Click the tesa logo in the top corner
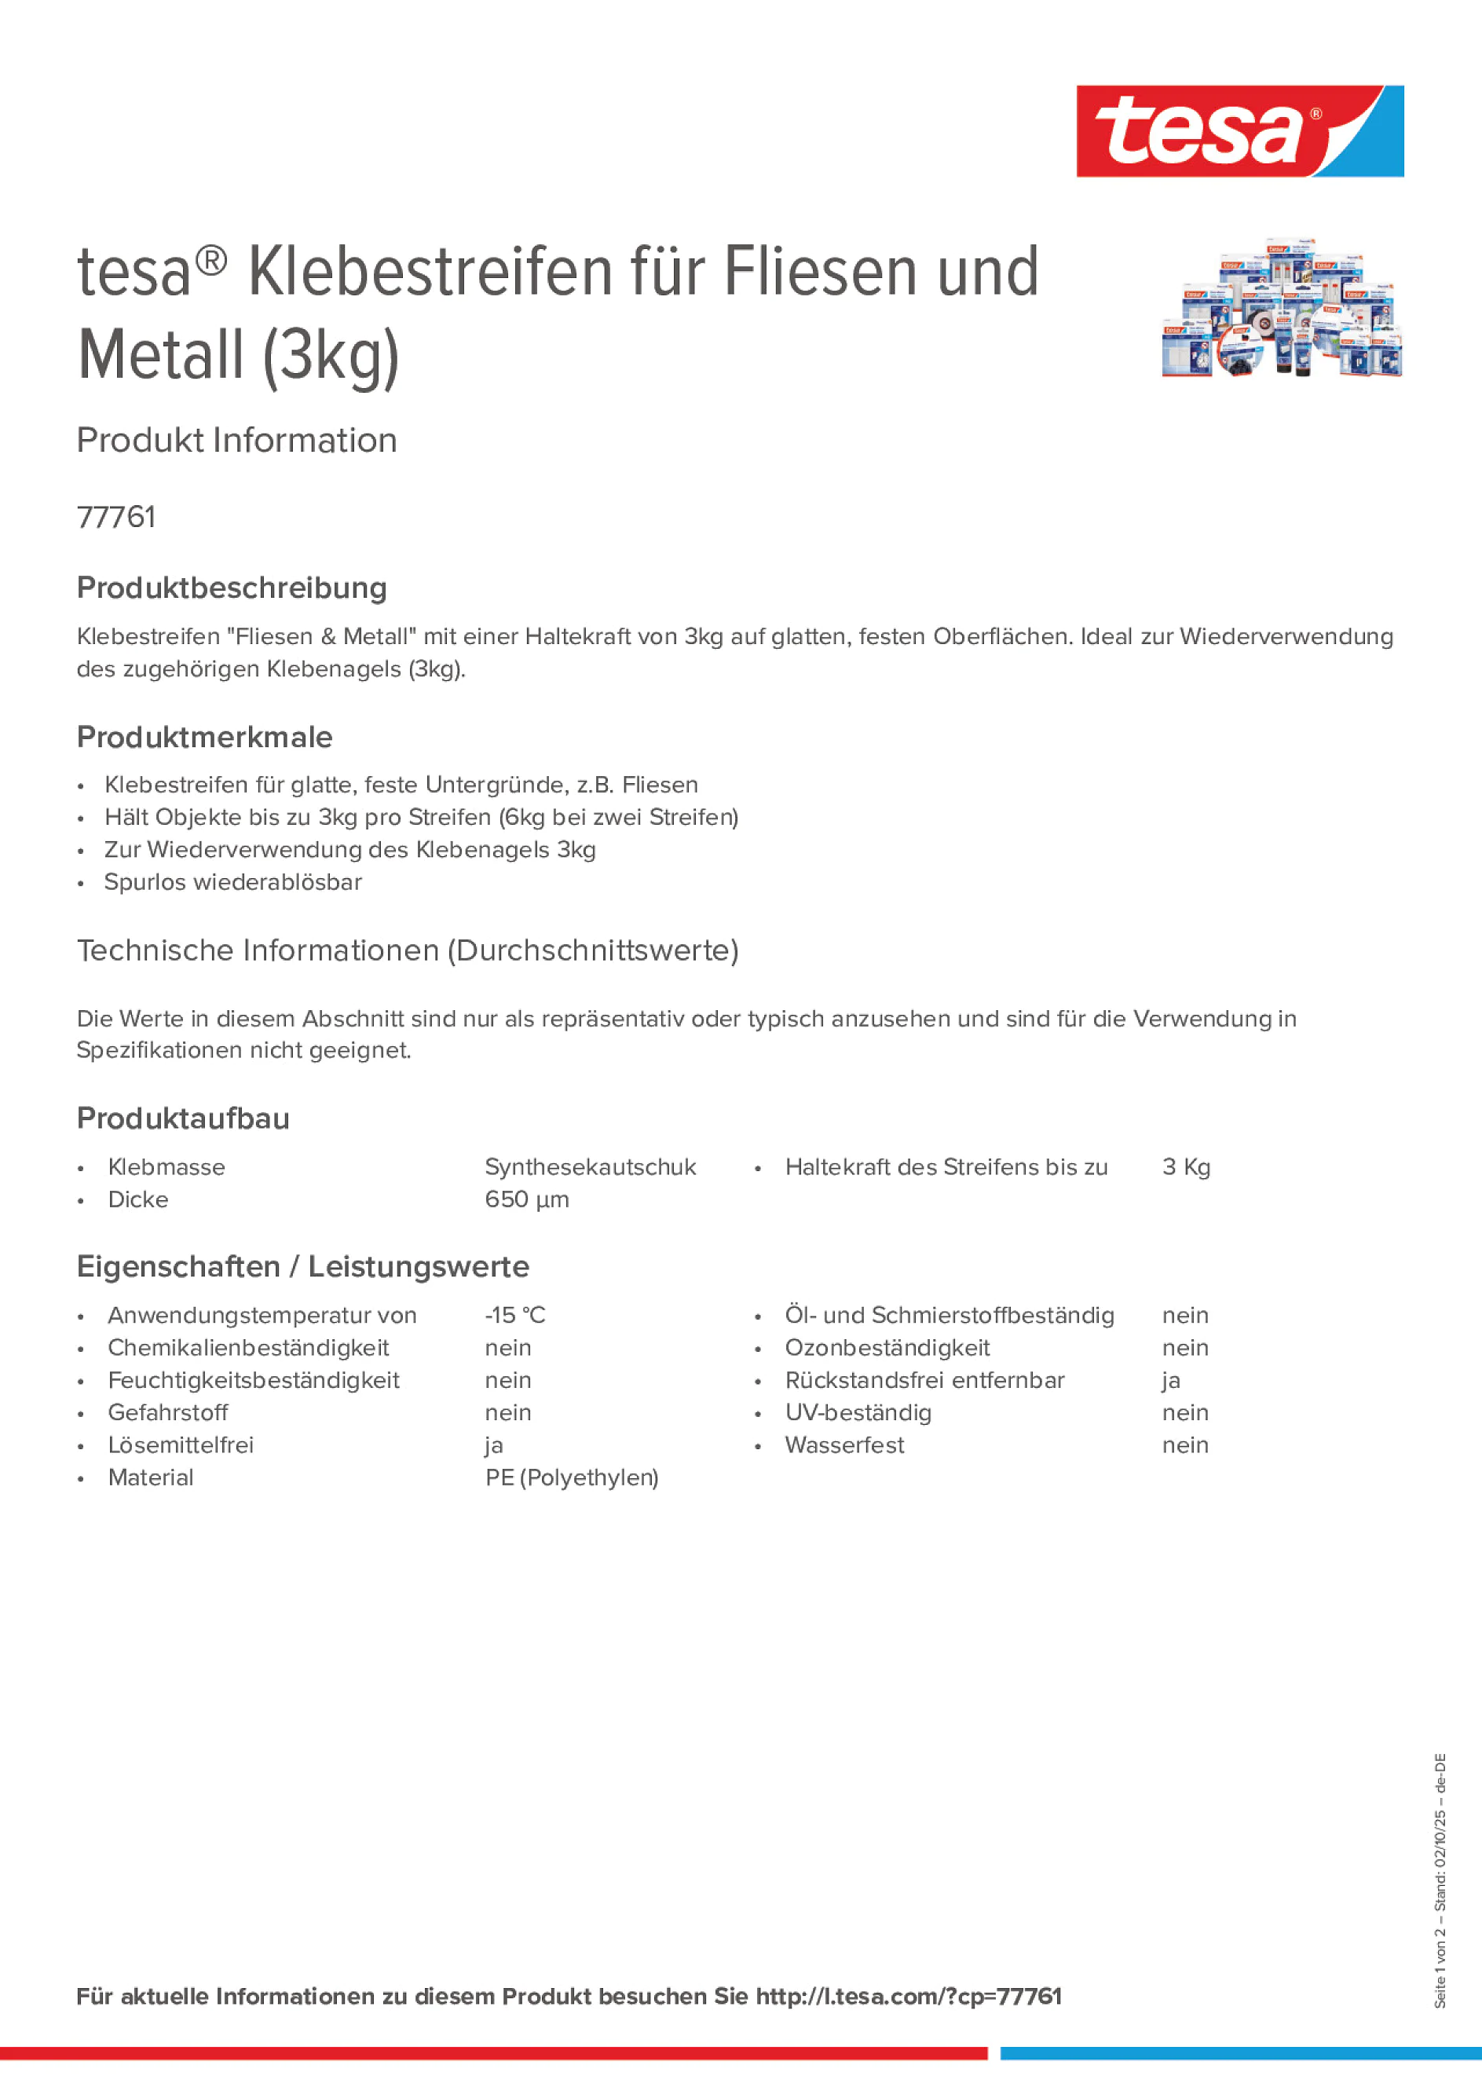pyautogui.click(x=1239, y=132)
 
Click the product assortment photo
pyautogui.click(x=1282, y=308)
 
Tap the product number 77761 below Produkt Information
pyautogui.click(x=116, y=517)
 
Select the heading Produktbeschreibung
pyautogui.click(x=231, y=588)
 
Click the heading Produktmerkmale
pyautogui.click(x=205, y=737)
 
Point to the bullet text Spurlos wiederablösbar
pyautogui.click(x=233, y=882)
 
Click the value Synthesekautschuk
pyautogui.click(x=591, y=1167)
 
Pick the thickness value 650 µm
pyautogui.click(x=526, y=1199)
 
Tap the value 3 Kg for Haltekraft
pyautogui.click(x=1186, y=1167)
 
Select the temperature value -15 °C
pyautogui.click(x=514, y=1315)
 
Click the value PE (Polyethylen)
pyautogui.click(x=572, y=1477)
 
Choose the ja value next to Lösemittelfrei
pyautogui.click(x=494, y=1445)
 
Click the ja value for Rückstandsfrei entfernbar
pyautogui.click(x=1171, y=1381)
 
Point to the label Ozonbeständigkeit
pyautogui.click(x=887, y=1348)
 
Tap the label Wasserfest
pyautogui.click(x=844, y=1445)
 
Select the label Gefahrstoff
pyautogui.click(x=168, y=1413)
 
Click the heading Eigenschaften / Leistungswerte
pyautogui.click(x=302, y=1266)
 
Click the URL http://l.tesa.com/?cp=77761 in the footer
pyautogui.click(x=908, y=1997)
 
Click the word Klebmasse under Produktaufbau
pyautogui.click(x=166, y=1167)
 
